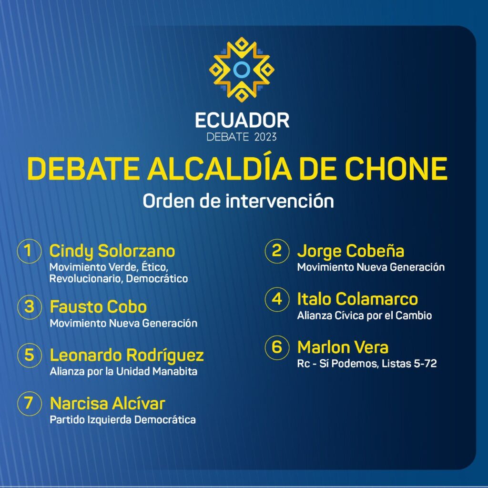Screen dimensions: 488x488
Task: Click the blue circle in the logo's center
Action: pyautogui.click(x=242, y=70)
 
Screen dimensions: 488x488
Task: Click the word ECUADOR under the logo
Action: pyautogui.click(x=242, y=121)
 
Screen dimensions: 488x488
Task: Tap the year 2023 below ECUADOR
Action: pyautogui.click(x=265, y=137)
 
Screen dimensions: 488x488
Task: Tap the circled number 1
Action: pyautogui.click(x=29, y=251)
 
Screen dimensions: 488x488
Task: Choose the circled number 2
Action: pyautogui.click(x=277, y=251)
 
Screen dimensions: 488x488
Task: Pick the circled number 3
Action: pyautogui.click(x=29, y=307)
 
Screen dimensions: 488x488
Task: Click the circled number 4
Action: pyautogui.click(x=277, y=299)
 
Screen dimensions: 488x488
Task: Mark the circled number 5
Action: pyautogui.click(x=29, y=355)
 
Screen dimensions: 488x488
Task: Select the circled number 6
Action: pyautogui.click(x=277, y=347)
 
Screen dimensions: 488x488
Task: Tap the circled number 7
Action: pyautogui.click(x=29, y=404)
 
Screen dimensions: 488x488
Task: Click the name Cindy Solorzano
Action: pyautogui.click(x=112, y=252)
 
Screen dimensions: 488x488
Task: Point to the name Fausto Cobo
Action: pyautogui.click(x=98, y=307)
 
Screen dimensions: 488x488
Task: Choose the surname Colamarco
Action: pyautogui.click(x=376, y=299)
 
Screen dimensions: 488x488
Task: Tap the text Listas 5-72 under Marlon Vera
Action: pyautogui.click(x=409, y=364)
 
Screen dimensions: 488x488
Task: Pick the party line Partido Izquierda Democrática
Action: pyautogui.click(x=122, y=420)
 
